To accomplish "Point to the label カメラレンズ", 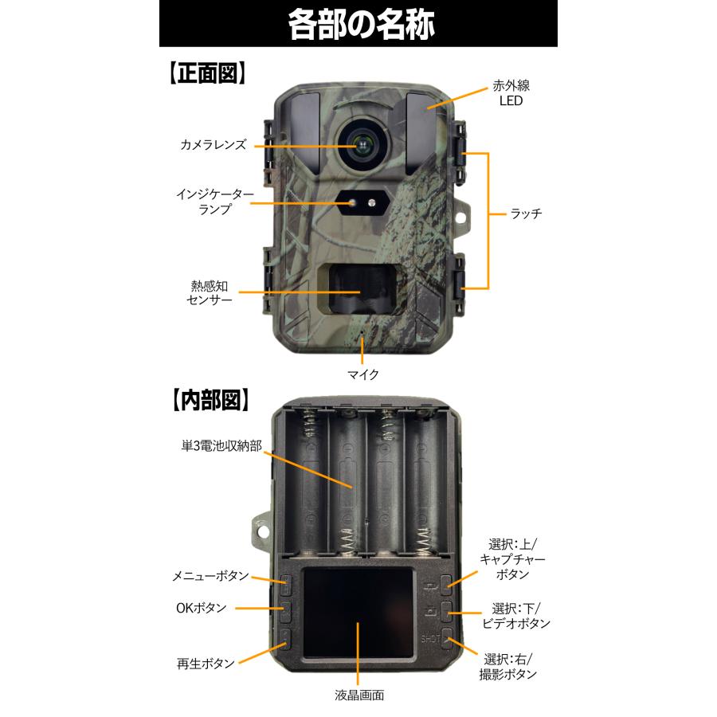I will pos(213,145).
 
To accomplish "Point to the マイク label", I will pos(362,373).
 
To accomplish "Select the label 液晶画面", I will pos(358,695).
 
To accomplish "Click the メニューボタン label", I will pos(211,576).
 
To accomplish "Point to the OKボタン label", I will pos(201,608).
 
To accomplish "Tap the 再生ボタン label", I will pos(206,663).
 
